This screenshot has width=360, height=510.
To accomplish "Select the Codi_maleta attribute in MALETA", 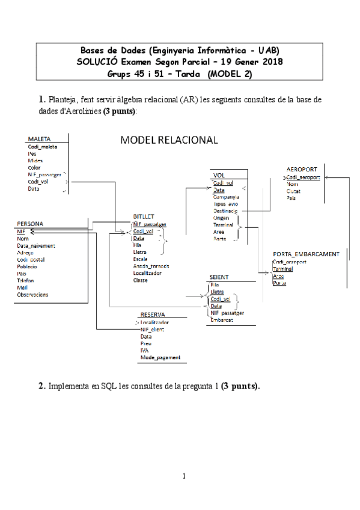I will coord(42,146).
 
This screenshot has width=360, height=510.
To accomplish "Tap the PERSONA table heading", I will coord(31,224).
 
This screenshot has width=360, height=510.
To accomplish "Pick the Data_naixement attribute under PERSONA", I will coord(37,245).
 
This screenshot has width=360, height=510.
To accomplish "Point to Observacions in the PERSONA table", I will coord(33,295).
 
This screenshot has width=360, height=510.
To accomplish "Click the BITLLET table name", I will coord(144,216).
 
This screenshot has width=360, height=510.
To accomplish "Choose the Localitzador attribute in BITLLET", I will coord(150,273).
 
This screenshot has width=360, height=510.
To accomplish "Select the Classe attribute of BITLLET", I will coord(141,280).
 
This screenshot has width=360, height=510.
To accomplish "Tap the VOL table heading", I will coord(219,175).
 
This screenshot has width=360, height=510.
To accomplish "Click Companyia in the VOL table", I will coord(227,197).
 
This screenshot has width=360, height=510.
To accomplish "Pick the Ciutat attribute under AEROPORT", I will coord(294,191).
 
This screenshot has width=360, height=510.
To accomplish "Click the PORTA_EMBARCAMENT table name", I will coord(306,254).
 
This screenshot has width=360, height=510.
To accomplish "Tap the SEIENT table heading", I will coord(219,277).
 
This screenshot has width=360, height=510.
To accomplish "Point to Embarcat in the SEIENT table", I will coord(222,320).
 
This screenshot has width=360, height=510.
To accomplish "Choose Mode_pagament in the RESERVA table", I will coord(160,358).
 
